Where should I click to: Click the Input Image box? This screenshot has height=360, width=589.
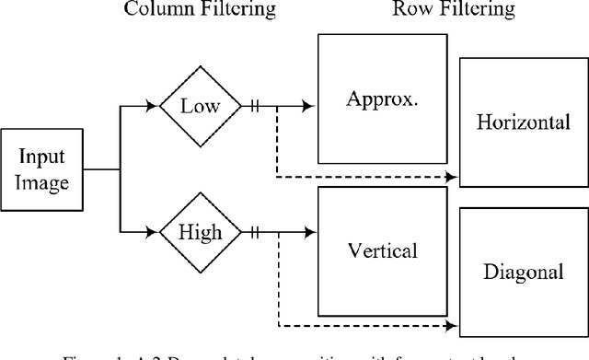point(45,170)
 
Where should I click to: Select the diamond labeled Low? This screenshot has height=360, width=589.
point(200,107)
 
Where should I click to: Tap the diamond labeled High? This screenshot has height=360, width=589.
point(200,233)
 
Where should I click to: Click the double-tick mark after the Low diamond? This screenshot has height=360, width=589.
point(255,107)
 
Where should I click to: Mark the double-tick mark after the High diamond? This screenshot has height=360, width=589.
point(255,233)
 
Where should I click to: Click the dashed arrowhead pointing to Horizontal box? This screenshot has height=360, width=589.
point(452,174)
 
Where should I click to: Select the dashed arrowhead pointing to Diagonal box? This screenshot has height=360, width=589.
point(452,324)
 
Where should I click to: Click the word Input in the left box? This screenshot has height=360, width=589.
point(45,158)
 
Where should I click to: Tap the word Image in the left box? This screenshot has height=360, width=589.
point(45,182)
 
